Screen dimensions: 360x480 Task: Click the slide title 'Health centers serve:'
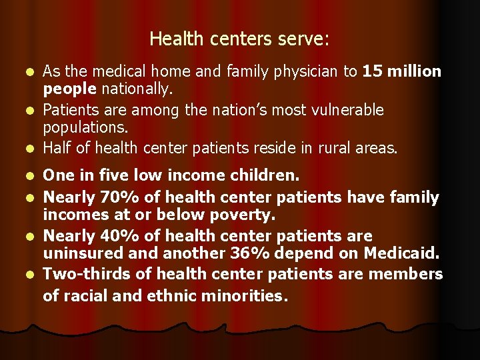pos(239,39)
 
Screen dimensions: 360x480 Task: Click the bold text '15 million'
pos(401,72)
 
